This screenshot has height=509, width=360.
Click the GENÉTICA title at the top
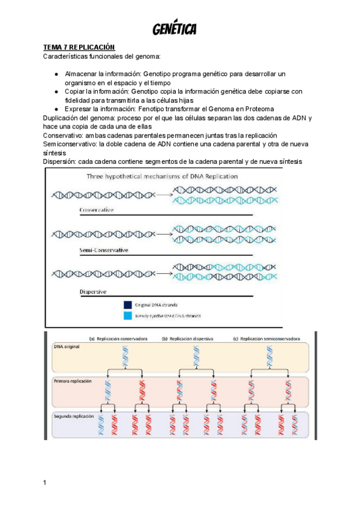click(174, 29)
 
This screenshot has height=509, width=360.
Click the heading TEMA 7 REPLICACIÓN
click(79, 47)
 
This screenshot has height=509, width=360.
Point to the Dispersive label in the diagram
click(93, 292)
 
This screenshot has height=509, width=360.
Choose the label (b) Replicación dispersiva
click(188, 339)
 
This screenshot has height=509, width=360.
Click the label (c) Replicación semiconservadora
click(266, 339)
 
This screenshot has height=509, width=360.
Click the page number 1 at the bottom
click(44, 482)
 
